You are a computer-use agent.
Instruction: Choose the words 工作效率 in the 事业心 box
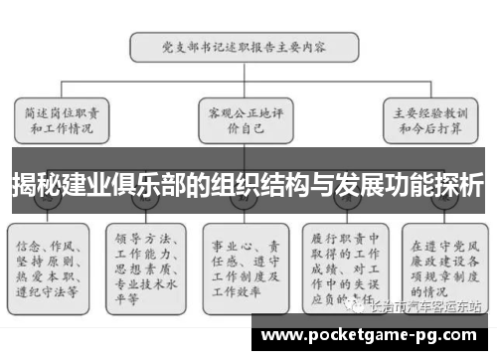coord(233,281)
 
